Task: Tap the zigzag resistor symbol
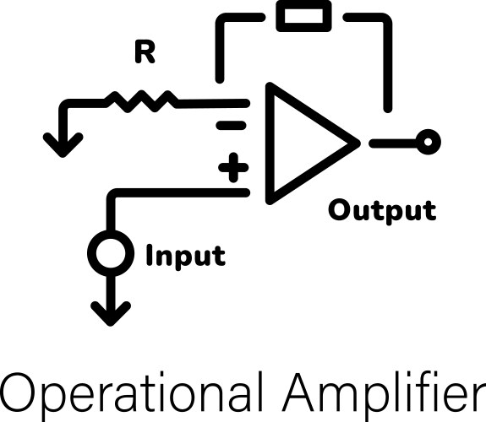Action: point(141,102)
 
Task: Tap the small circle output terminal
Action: point(429,142)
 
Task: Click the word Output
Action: point(382,209)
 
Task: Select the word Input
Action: point(186,255)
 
